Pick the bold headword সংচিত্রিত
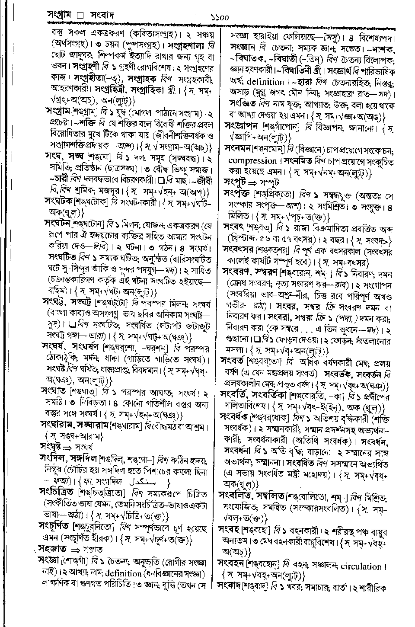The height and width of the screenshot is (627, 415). pyautogui.click(x=58, y=493)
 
